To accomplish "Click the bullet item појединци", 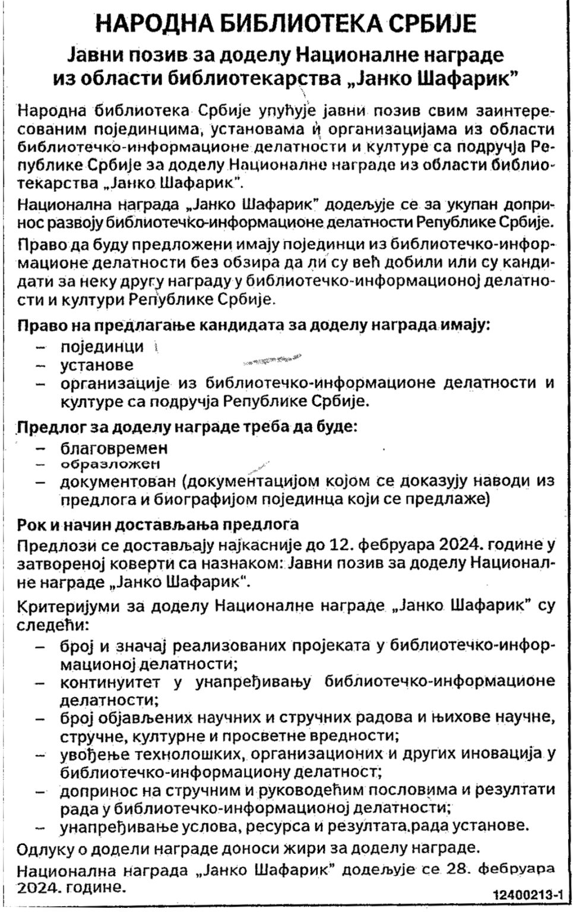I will click(x=102, y=346).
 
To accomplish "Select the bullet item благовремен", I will click(x=113, y=447).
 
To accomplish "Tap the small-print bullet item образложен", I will click(x=110, y=464).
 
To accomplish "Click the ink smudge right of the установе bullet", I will click(x=271, y=360).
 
